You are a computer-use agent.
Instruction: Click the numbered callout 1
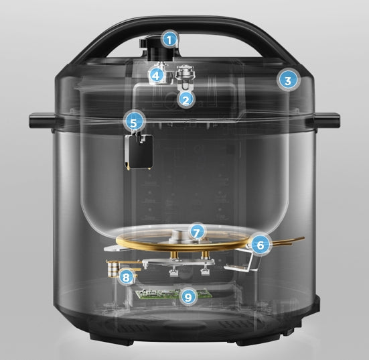point(170,40)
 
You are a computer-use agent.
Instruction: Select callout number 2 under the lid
point(186,99)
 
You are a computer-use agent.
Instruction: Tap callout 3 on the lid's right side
point(287,81)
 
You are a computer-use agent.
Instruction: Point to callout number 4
point(156,75)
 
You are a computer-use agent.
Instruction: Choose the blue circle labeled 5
point(134,123)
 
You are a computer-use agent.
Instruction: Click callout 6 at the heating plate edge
point(259,245)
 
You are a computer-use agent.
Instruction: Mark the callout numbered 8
point(125,276)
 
